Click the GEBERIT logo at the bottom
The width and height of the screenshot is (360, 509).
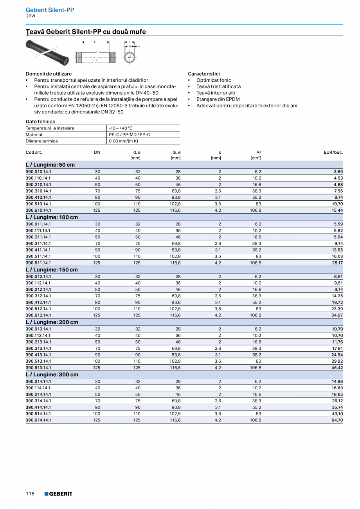click(x=58, y=494)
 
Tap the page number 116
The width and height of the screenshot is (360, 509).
click(x=30, y=494)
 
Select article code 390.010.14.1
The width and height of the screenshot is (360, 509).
click(x=38, y=171)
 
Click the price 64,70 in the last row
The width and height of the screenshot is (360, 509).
click(x=337, y=420)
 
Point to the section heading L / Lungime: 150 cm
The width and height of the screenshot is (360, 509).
click(x=52, y=270)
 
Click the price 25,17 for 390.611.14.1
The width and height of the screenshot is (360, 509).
click(x=337, y=263)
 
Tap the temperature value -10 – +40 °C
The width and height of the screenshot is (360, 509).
click(x=121, y=128)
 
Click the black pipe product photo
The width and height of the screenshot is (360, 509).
click(x=47, y=52)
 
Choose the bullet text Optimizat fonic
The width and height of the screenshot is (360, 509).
click(x=214, y=80)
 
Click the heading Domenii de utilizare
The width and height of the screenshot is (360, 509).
click(x=49, y=74)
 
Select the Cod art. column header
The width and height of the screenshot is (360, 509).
click(x=34, y=152)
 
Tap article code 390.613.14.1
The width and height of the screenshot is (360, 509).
click(x=38, y=368)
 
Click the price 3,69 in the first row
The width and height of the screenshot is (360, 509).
click(x=338, y=171)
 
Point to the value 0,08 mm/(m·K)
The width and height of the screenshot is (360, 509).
click(x=124, y=141)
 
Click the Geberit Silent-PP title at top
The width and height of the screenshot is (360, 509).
click(x=50, y=10)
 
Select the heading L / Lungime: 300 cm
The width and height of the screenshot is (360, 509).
click(x=52, y=374)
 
